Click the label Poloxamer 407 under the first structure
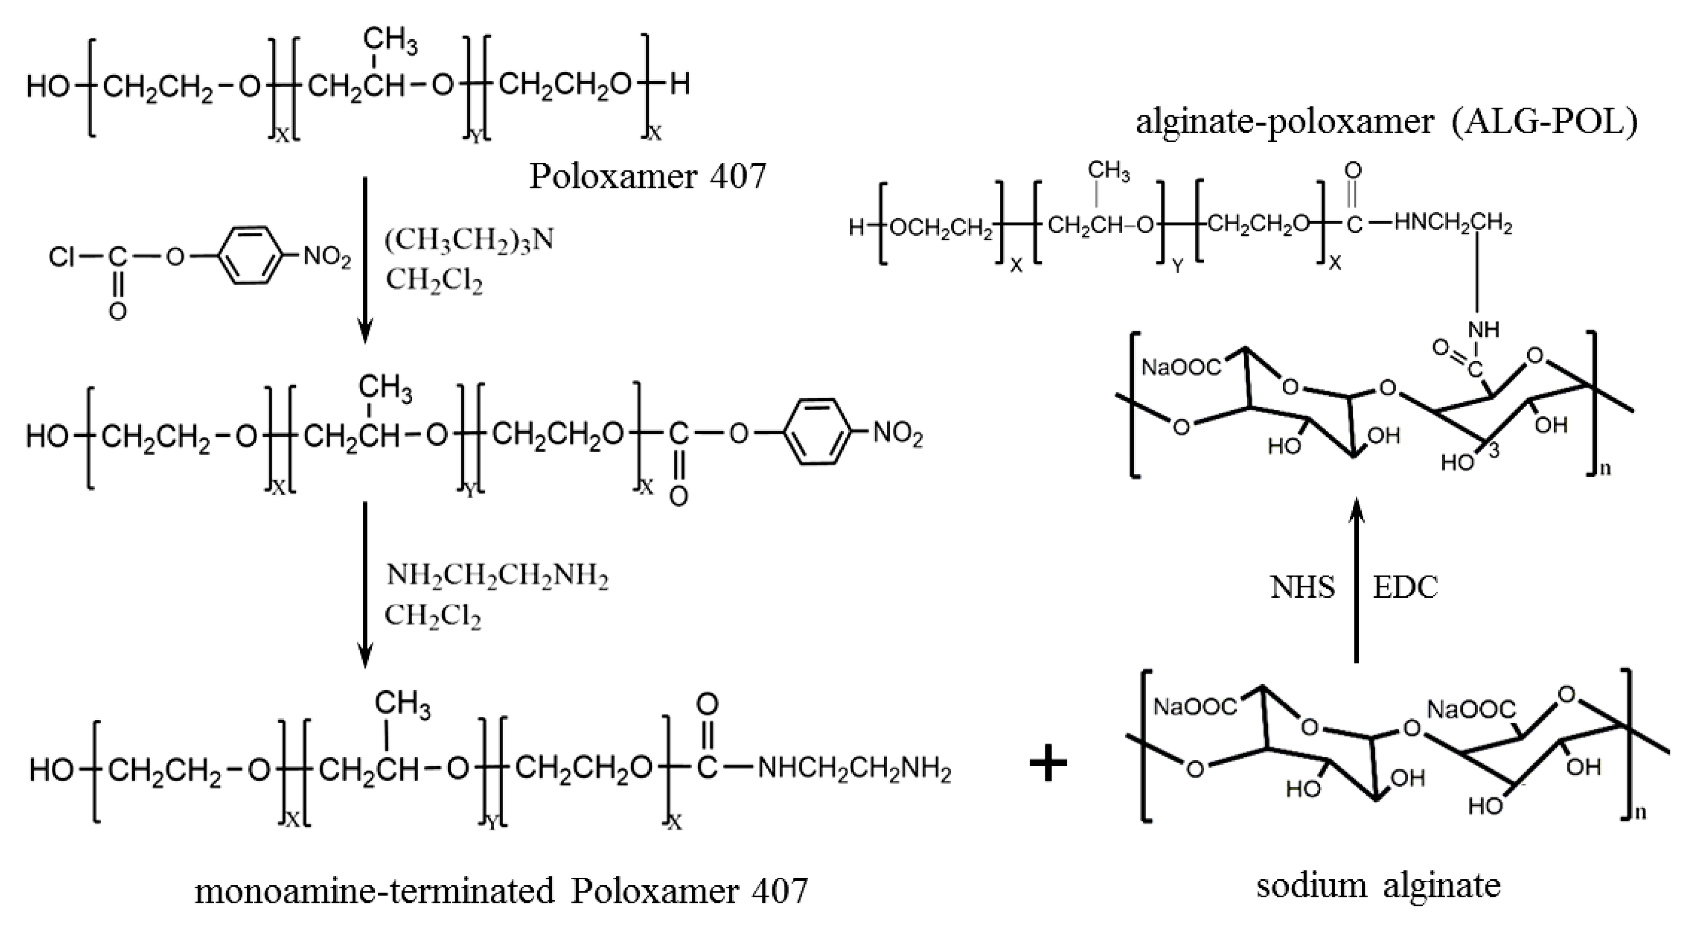(x=648, y=176)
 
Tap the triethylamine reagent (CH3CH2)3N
(x=469, y=240)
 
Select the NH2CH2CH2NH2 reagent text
(x=497, y=576)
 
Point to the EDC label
(x=1406, y=587)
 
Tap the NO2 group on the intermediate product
(x=898, y=434)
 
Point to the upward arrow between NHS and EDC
(x=1356, y=582)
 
